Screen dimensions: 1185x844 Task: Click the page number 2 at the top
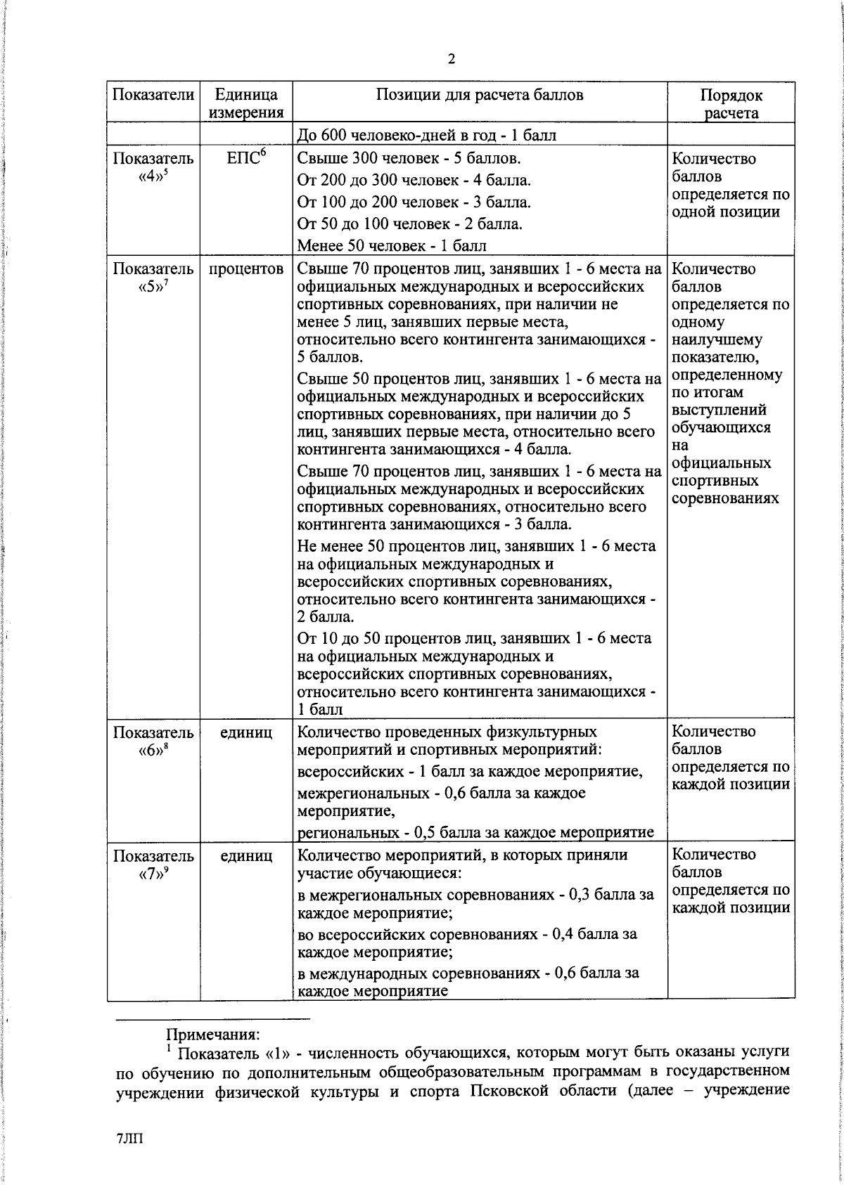click(451, 59)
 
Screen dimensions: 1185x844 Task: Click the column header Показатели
click(153, 95)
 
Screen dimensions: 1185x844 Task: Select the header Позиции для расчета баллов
click(480, 95)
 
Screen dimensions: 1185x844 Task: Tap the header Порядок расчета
click(731, 104)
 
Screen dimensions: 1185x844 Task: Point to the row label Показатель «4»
click(153, 167)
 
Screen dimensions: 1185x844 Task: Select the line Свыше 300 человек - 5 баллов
click(409, 158)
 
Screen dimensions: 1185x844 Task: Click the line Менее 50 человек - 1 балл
click(392, 245)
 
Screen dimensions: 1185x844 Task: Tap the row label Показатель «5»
click(153, 278)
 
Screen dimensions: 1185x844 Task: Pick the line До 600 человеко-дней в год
click(427, 135)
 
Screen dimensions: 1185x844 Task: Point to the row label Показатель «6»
click(153, 741)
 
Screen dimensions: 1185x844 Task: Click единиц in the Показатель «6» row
click(246, 732)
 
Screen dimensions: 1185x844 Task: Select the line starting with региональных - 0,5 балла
click(475, 833)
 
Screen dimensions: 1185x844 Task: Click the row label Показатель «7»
click(153, 865)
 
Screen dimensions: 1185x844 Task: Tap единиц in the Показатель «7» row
click(246, 856)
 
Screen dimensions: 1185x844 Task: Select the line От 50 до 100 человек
click(409, 224)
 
